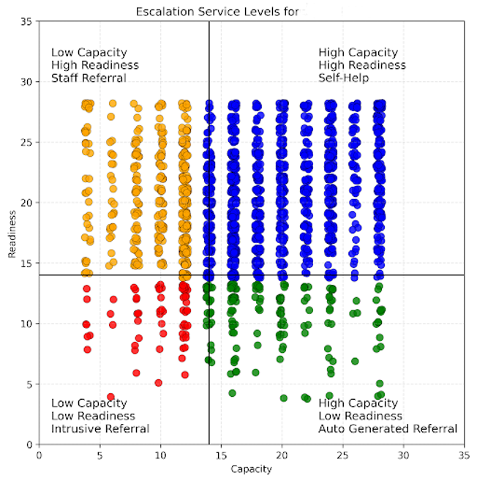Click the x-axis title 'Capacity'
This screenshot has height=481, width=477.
pyautogui.click(x=251, y=469)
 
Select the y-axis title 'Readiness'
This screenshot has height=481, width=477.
pyautogui.click(x=12, y=233)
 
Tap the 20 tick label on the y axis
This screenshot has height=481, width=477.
pyautogui.click(x=27, y=202)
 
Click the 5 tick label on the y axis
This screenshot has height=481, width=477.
pyautogui.click(x=30, y=384)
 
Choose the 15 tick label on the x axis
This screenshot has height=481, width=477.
pyautogui.click(x=221, y=454)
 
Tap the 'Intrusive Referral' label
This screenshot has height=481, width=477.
pyautogui.click(x=99, y=429)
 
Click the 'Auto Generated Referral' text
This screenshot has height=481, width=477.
pyautogui.click(x=387, y=429)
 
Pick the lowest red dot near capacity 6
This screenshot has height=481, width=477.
pyautogui.click(x=111, y=397)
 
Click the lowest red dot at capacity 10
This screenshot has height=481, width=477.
pyautogui.click(x=158, y=382)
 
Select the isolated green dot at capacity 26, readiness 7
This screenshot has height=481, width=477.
pyautogui.click(x=355, y=361)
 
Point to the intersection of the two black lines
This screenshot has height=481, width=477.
pyautogui.click(x=209, y=275)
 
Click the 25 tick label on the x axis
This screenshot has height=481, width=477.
pyautogui.click(x=342, y=454)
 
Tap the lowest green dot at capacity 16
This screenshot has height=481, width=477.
pyautogui.click(x=233, y=393)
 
